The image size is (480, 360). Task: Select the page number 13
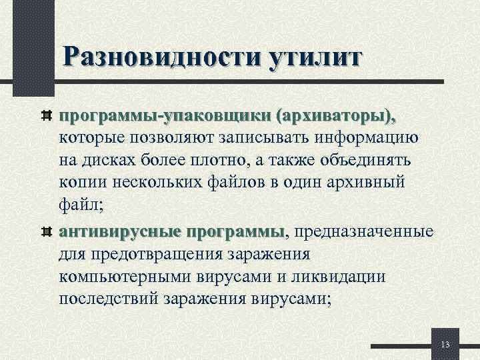coord(446,344)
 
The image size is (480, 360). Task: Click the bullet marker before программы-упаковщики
coord(47,117)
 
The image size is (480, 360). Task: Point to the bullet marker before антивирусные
coord(47,232)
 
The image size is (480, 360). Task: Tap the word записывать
coord(256,139)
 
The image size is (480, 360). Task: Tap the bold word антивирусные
coord(120,231)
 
